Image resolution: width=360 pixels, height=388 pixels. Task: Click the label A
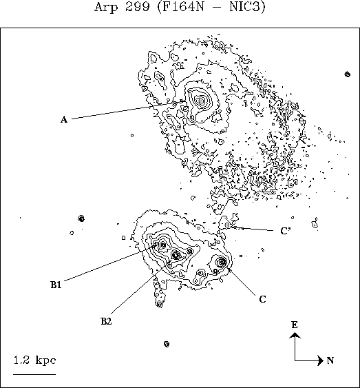tap(64, 120)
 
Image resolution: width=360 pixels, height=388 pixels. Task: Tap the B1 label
tap(56, 285)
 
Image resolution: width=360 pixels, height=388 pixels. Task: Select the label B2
tap(106, 321)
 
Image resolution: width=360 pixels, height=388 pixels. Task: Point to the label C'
tap(286, 231)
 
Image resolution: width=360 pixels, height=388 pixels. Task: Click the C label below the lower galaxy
tap(262, 299)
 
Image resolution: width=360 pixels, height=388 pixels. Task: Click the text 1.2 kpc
tap(34, 360)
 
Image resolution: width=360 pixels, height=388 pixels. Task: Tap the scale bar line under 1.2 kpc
tap(34, 374)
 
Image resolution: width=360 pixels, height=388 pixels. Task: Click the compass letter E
tap(295, 325)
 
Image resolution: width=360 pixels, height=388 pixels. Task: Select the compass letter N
tap(330, 360)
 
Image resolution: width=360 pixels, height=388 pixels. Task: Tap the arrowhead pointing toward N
tap(321, 360)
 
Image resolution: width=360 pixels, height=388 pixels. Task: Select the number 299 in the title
tap(137, 6)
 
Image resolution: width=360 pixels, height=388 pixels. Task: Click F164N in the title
tap(182, 7)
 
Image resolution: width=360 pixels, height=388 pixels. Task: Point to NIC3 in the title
tap(246, 7)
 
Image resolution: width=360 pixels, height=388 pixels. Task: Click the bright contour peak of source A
tap(201, 101)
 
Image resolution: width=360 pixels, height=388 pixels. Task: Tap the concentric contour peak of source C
tap(222, 261)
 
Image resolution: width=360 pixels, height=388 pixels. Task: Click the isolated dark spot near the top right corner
tap(348, 74)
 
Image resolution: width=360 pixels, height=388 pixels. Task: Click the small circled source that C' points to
tap(227, 225)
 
